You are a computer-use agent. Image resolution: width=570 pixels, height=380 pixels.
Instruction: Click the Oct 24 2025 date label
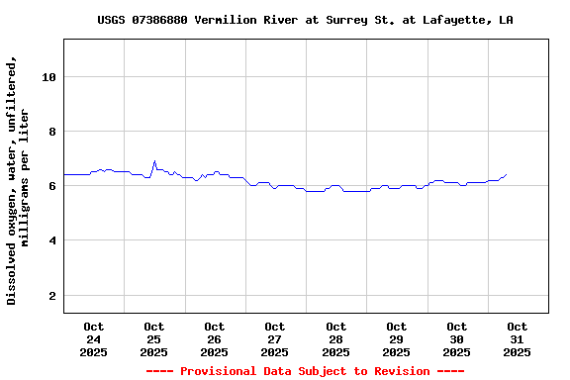(x=94, y=338)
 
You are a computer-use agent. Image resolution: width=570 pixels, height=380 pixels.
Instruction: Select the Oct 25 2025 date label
(x=154, y=338)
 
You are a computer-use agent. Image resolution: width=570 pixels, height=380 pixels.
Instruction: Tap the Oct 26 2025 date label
(x=215, y=338)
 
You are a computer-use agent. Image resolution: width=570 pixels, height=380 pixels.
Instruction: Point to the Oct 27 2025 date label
(x=275, y=338)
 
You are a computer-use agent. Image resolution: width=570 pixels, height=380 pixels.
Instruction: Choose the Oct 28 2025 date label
(x=335, y=338)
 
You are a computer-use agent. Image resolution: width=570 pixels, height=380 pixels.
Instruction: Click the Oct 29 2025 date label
(x=396, y=338)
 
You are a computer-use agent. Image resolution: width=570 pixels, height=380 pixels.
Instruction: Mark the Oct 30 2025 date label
(x=456, y=338)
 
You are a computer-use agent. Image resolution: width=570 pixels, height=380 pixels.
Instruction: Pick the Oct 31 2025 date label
(x=517, y=338)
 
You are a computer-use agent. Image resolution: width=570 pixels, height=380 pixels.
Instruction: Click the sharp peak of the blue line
(x=154, y=160)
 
